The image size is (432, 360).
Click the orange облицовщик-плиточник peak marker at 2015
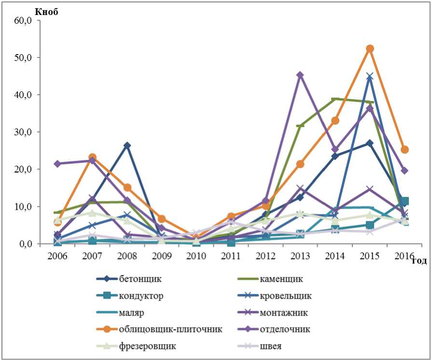pos(370,49)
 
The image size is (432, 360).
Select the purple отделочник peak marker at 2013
pos(300,75)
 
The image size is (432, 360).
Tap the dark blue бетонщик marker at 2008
pos(127,145)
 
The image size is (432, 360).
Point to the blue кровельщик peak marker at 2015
pos(370,76)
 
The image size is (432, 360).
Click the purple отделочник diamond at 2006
pos(57,164)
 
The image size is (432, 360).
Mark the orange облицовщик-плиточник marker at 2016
pos(404,150)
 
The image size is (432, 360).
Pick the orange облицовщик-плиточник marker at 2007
pos(92,158)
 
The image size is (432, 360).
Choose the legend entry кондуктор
pos(137,296)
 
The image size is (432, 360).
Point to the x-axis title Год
pos(419,261)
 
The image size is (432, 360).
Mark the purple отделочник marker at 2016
pos(404,171)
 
